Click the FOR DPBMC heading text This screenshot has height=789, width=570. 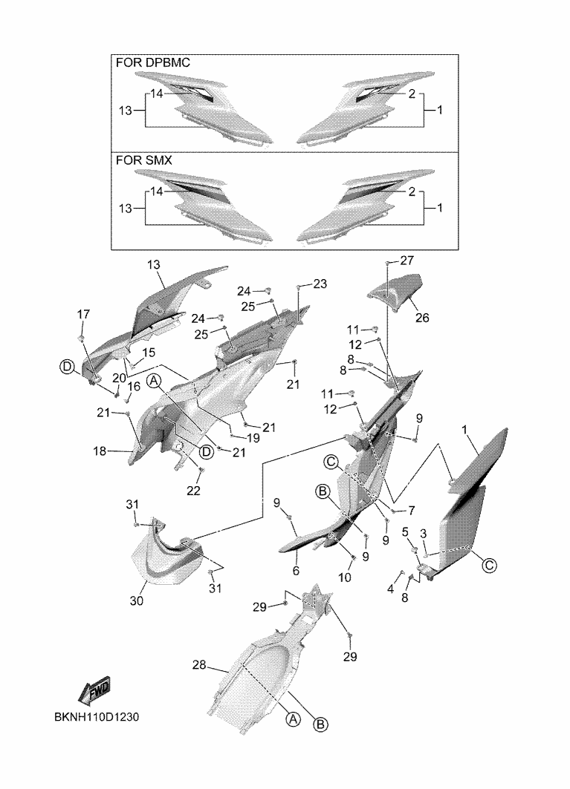[x=153, y=64]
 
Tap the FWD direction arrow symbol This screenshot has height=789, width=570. [x=94, y=693]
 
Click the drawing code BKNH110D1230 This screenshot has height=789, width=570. [x=97, y=718]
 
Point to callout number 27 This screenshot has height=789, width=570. [x=407, y=261]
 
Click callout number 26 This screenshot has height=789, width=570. [x=421, y=318]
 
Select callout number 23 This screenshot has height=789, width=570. [x=320, y=284]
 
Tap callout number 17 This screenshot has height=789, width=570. [x=82, y=314]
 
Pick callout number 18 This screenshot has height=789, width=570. [x=100, y=451]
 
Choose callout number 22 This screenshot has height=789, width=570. [x=193, y=490]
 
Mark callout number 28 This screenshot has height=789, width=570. [x=199, y=666]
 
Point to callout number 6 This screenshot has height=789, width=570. [x=295, y=571]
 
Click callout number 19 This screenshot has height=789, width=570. [x=253, y=438]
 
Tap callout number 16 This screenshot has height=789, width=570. [x=134, y=387]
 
